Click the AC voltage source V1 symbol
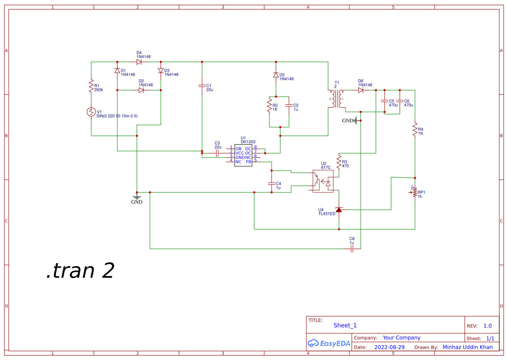click(x=91, y=112)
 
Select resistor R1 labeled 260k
click(x=91, y=86)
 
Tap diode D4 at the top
click(x=139, y=62)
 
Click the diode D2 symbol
click(x=141, y=90)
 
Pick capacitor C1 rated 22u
click(x=202, y=86)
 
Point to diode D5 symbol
click(x=276, y=75)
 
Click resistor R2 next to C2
click(x=269, y=106)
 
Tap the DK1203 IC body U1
click(x=243, y=155)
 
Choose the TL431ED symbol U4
click(x=339, y=210)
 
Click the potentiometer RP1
click(x=415, y=192)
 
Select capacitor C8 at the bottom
click(x=352, y=249)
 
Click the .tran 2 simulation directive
click(x=80, y=270)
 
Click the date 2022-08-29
click(x=389, y=347)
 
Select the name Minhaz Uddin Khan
click(x=468, y=347)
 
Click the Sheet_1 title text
click(x=345, y=325)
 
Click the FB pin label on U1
click(x=249, y=161)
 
